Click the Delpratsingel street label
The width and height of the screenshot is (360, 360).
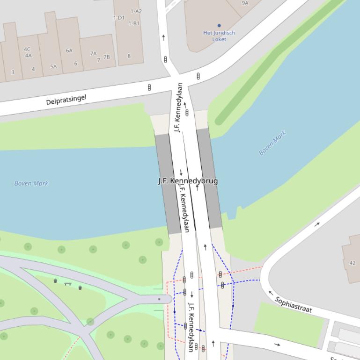click(66, 99)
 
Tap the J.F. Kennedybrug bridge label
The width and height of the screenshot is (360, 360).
click(188, 181)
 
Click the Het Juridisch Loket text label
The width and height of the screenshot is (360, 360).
click(219, 36)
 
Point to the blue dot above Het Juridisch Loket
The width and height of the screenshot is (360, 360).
click(219, 26)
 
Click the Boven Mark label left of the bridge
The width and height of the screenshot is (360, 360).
click(31, 183)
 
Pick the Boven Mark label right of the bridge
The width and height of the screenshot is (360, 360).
click(272, 144)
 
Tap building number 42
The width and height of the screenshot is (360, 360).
click(353, 263)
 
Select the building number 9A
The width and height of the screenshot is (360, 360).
click(245, 3)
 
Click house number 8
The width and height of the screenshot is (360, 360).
click(129, 56)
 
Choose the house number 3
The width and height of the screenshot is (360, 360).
click(13, 72)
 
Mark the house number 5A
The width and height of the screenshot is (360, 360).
click(53, 67)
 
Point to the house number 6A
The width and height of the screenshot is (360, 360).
click(69, 50)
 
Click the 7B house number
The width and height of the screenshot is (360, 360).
click(107, 57)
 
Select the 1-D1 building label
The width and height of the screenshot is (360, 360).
click(119, 18)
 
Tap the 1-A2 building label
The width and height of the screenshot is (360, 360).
click(136, 11)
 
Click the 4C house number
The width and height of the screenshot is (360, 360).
click(27, 49)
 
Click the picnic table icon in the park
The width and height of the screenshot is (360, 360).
click(67, 283)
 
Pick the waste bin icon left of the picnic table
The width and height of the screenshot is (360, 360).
click(56, 281)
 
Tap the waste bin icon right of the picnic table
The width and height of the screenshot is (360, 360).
click(80, 288)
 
